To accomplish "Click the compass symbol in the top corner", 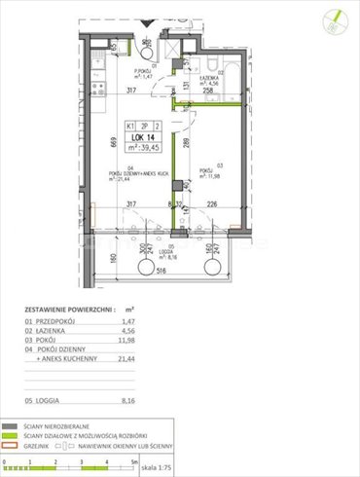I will click(x=335, y=18).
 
